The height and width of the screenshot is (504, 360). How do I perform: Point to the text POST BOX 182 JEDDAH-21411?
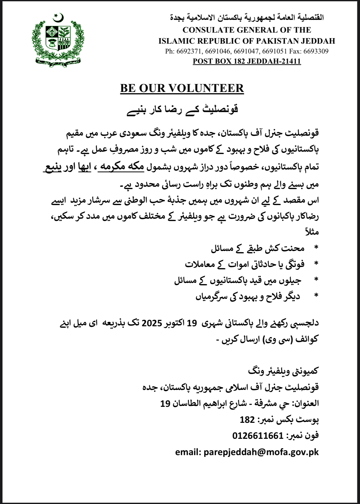coord(246,61)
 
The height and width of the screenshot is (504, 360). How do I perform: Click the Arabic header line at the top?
coord(247,18)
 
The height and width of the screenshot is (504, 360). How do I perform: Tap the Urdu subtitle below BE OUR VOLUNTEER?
coord(182,110)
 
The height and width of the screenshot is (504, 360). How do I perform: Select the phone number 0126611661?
coord(258,436)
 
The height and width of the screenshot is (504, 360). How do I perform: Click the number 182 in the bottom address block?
coord(247,419)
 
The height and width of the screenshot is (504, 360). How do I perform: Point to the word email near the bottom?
coord(187,452)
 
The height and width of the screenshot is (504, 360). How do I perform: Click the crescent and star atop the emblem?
coord(58,18)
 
